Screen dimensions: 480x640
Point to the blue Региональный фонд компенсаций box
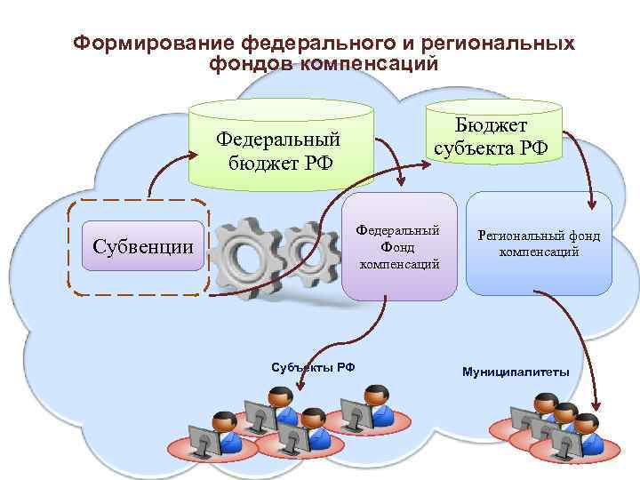539,244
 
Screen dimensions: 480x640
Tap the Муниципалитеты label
516,371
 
